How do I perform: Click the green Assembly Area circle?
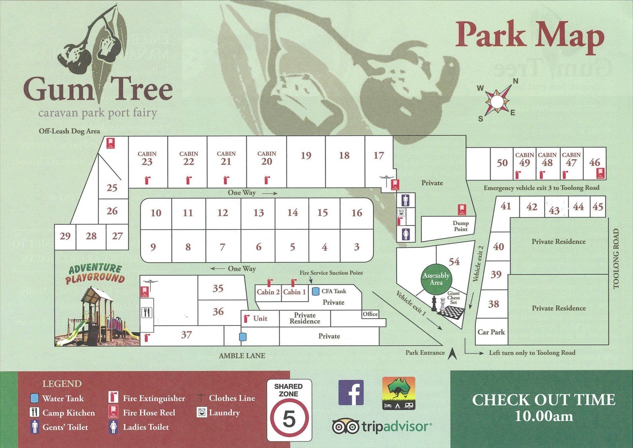(436, 279)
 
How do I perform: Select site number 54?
(454, 261)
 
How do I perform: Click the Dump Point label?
(460, 226)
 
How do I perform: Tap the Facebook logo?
(351, 393)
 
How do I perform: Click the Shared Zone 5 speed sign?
(289, 410)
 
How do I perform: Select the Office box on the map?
(370, 314)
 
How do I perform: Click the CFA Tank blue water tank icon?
(316, 291)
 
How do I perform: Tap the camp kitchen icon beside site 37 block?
(147, 312)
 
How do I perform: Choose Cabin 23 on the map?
(147, 159)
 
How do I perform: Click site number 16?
(357, 213)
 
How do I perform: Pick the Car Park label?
(491, 332)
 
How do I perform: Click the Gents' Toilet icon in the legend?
(35, 427)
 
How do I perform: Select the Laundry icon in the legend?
(201, 412)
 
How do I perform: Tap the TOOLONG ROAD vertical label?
(616, 259)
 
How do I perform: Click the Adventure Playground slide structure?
(97, 317)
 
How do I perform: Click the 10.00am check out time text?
(544, 416)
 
